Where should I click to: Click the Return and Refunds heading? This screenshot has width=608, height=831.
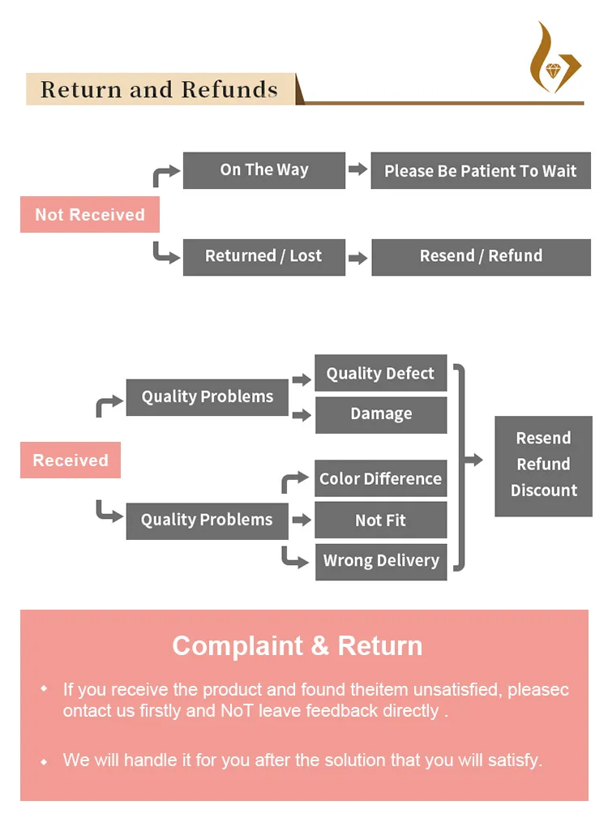pyautogui.click(x=159, y=89)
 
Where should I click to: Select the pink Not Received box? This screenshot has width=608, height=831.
pyautogui.click(x=90, y=215)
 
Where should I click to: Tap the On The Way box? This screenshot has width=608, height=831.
pyautogui.click(x=264, y=170)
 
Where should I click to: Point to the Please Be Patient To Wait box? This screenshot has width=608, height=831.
pyautogui.click(x=481, y=171)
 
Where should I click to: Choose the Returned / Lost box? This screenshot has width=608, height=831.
pyautogui.click(x=264, y=256)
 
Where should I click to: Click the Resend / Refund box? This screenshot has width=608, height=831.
pyautogui.click(x=481, y=256)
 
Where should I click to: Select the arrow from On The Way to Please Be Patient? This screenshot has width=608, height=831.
pyautogui.click(x=358, y=169)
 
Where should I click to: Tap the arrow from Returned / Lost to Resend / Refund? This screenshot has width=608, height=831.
pyautogui.click(x=358, y=259)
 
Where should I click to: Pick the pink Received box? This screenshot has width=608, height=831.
pyautogui.click(x=71, y=460)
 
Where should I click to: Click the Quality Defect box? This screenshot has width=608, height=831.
pyautogui.click(x=380, y=374)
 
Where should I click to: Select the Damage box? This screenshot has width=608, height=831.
pyautogui.click(x=380, y=414)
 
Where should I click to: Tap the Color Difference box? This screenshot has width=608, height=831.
pyautogui.click(x=380, y=479)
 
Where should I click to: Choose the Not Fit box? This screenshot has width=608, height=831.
pyautogui.click(x=380, y=520)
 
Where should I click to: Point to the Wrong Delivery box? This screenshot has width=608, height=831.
pyautogui.click(x=380, y=561)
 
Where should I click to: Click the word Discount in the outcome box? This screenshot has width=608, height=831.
pyautogui.click(x=544, y=490)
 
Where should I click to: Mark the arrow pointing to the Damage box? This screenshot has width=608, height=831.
pyautogui.click(x=302, y=415)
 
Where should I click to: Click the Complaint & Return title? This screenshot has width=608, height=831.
pyautogui.click(x=298, y=646)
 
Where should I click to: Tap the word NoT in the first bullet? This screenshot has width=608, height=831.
pyautogui.click(x=229, y=711)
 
